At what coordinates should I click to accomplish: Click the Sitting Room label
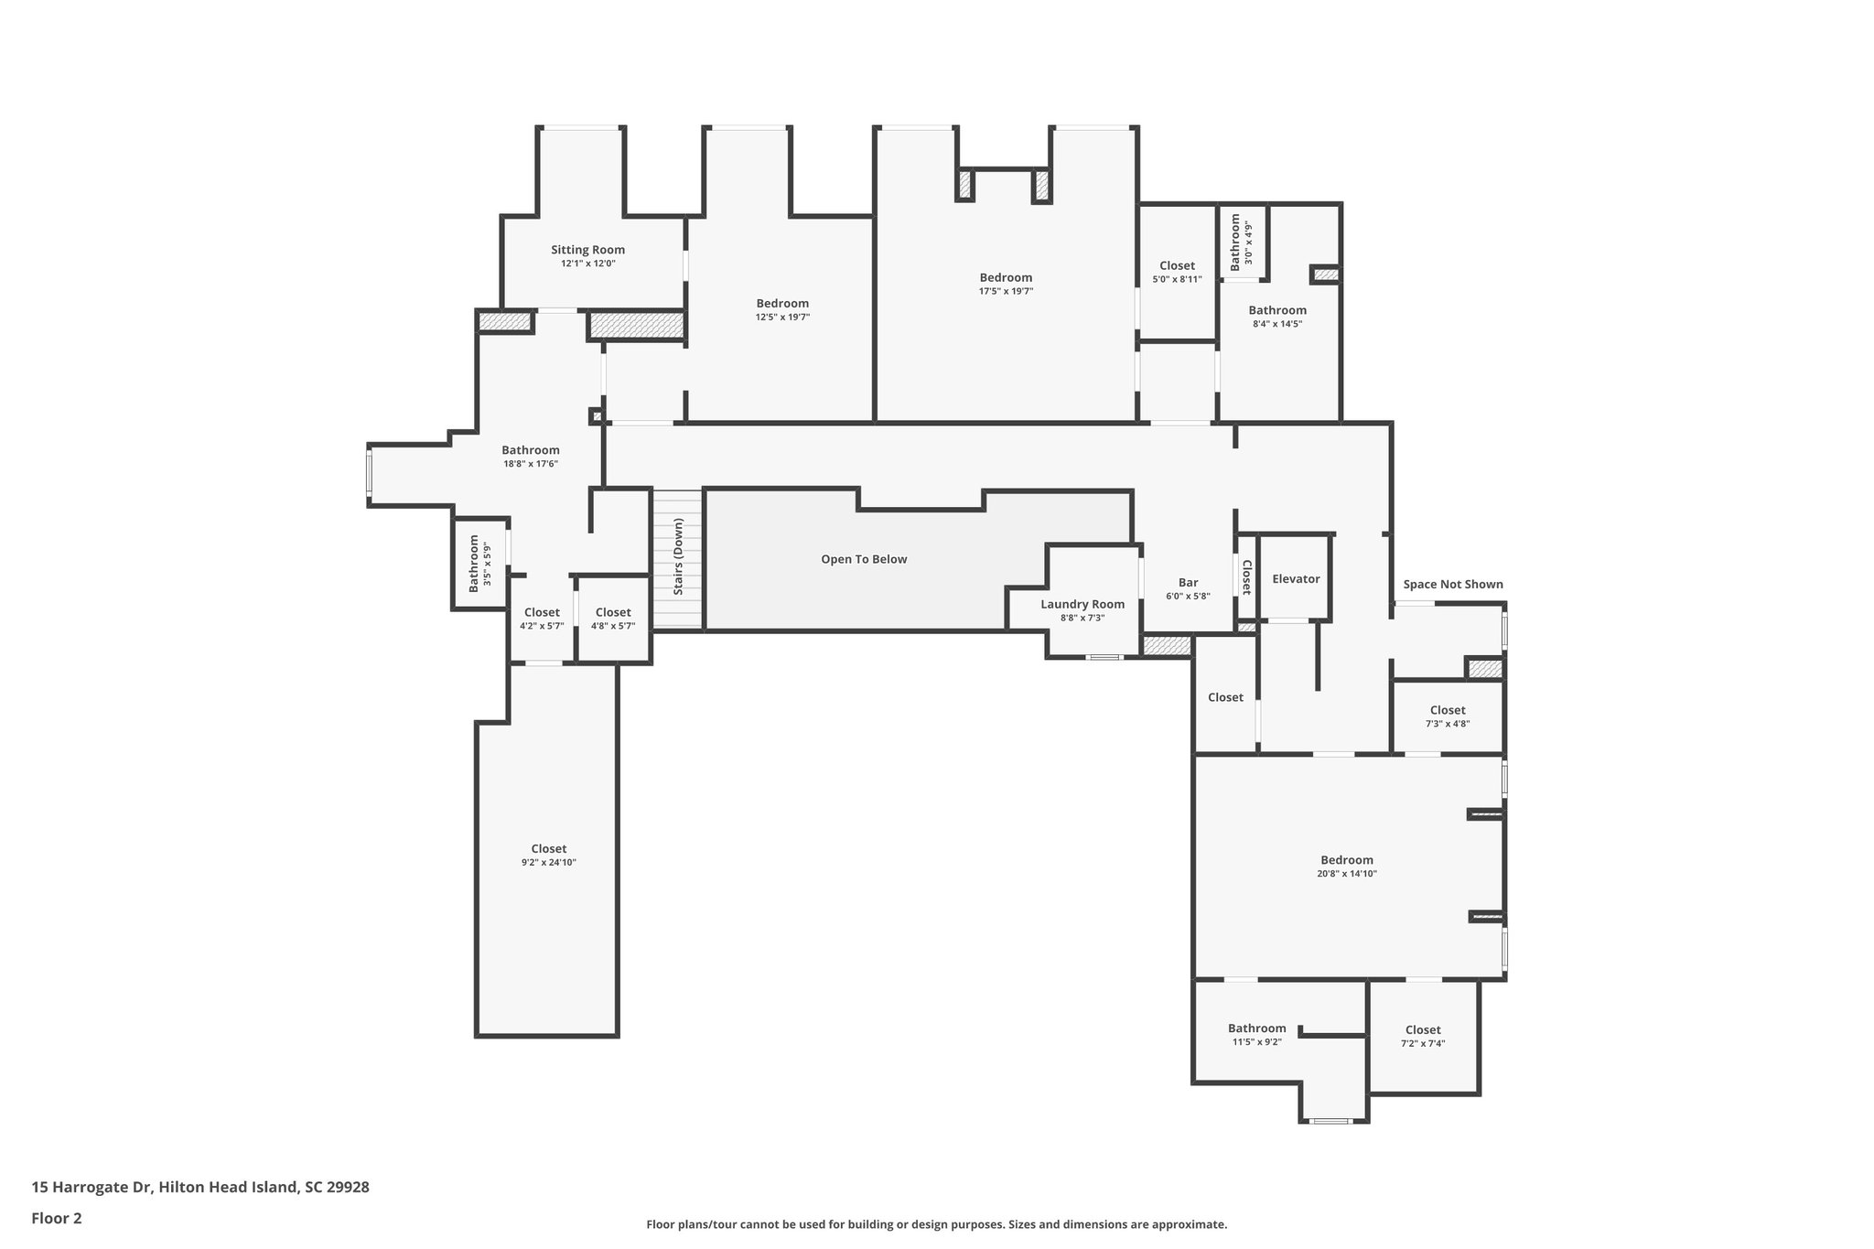[x=587, y=250]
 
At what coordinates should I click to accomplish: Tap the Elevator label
[x=1296, y=579]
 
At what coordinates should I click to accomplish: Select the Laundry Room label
[x=1082, y=604]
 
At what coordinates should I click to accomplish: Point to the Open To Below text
[x=864, y=559]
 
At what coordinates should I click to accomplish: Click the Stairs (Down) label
[x=678, y=557]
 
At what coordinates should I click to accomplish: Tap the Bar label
[x=1188, y=583]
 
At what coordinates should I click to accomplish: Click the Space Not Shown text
[x=1453, y=585]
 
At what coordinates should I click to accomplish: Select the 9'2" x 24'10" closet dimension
[x=549, y=863]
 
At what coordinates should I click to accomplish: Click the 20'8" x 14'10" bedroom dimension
[x=1347, y=874]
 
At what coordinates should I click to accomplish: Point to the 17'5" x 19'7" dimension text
[x=1006, y=291]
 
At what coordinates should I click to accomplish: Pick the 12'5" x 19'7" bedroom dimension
[x=782, y=318]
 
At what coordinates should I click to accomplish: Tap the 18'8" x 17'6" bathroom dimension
[x=531, y=464]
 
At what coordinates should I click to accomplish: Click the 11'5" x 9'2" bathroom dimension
[x=1257, y=1041]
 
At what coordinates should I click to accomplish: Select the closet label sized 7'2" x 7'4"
[x=1423, y=1030]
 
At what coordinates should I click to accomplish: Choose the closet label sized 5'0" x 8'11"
[x=1177, y=266]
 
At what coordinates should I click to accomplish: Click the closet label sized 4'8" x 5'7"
[x=613, y=613]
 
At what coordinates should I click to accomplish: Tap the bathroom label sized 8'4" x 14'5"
[x=1277, y=310]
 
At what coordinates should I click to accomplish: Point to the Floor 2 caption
[x=57, y=1218]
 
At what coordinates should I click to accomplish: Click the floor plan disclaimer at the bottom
[x=937, y=1224]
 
